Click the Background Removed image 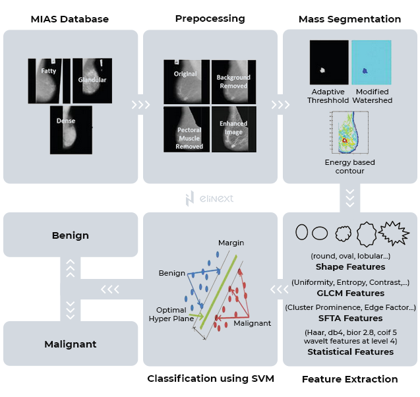(233, 82)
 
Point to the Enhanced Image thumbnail (233, 129)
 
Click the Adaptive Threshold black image (328, 62)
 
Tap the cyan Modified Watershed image (371, 62)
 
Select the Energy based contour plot (348, 133)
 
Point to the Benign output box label (71, 235)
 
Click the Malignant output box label (71, 344)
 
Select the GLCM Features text (349, 293)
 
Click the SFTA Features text (349, 318)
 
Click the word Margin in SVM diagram (231, 243)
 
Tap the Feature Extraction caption (349, 379)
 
